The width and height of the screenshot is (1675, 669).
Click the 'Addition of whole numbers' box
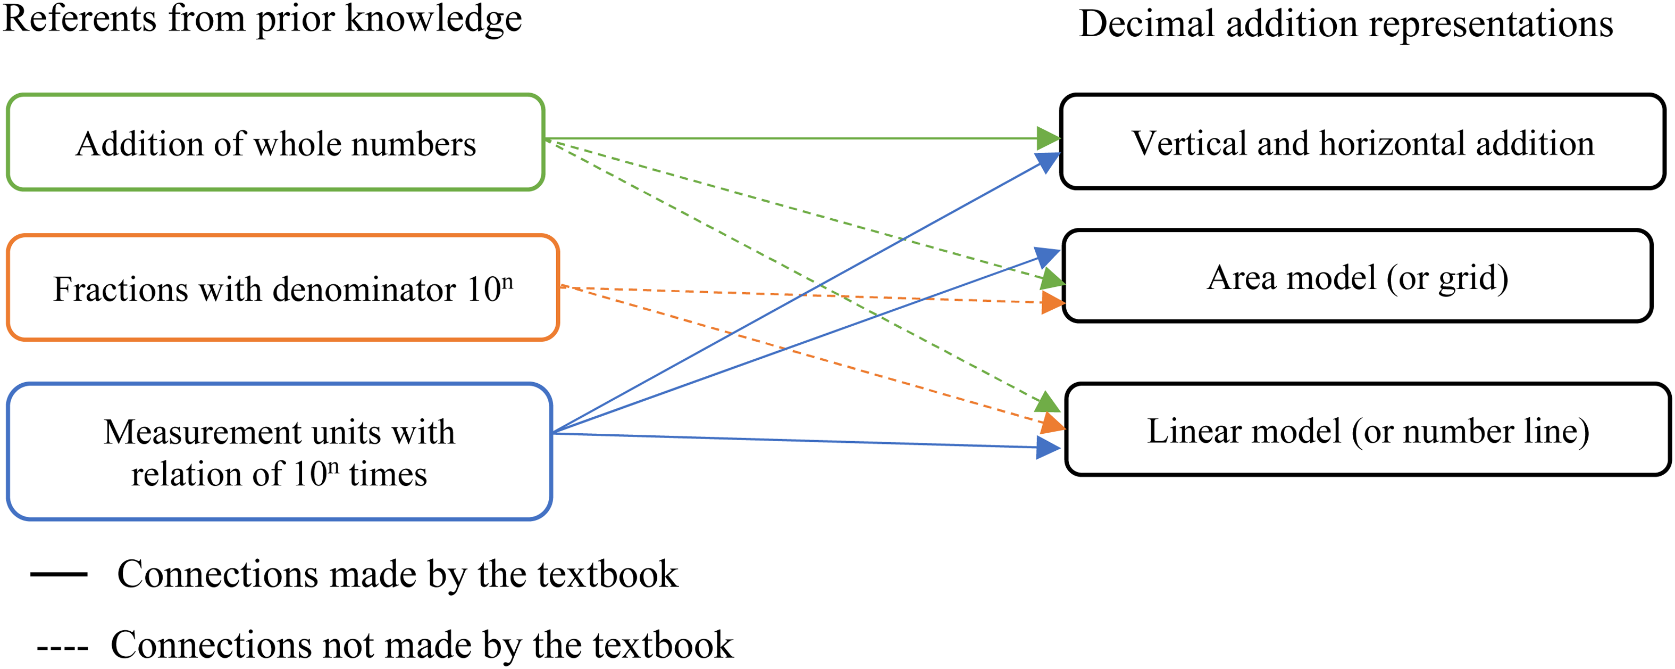[x=275, y=143]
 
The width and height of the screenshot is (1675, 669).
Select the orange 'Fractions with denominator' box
[x=283, y=287]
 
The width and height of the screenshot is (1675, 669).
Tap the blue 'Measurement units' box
[x=280, y=452]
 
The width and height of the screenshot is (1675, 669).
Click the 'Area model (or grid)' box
[x=1358, y=276]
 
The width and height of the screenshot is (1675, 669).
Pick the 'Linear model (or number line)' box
[x=1368, y=430]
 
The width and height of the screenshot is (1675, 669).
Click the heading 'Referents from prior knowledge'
[x=262, y=20]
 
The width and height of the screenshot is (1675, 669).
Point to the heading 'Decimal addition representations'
[x=1346, y=24]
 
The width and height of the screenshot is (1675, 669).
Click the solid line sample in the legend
[x=58, y=574]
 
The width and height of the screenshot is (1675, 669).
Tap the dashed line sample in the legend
[x=62, y=648]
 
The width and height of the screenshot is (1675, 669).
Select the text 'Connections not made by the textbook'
[x=422, y=646]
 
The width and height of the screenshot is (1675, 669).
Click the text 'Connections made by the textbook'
[x=397, y=575]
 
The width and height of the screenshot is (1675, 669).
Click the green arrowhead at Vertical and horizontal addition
[x=1048, y=138]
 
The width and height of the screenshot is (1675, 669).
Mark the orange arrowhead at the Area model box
[x=1053, y=303]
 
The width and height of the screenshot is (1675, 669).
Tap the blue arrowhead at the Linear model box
[x=1048, y=447]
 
